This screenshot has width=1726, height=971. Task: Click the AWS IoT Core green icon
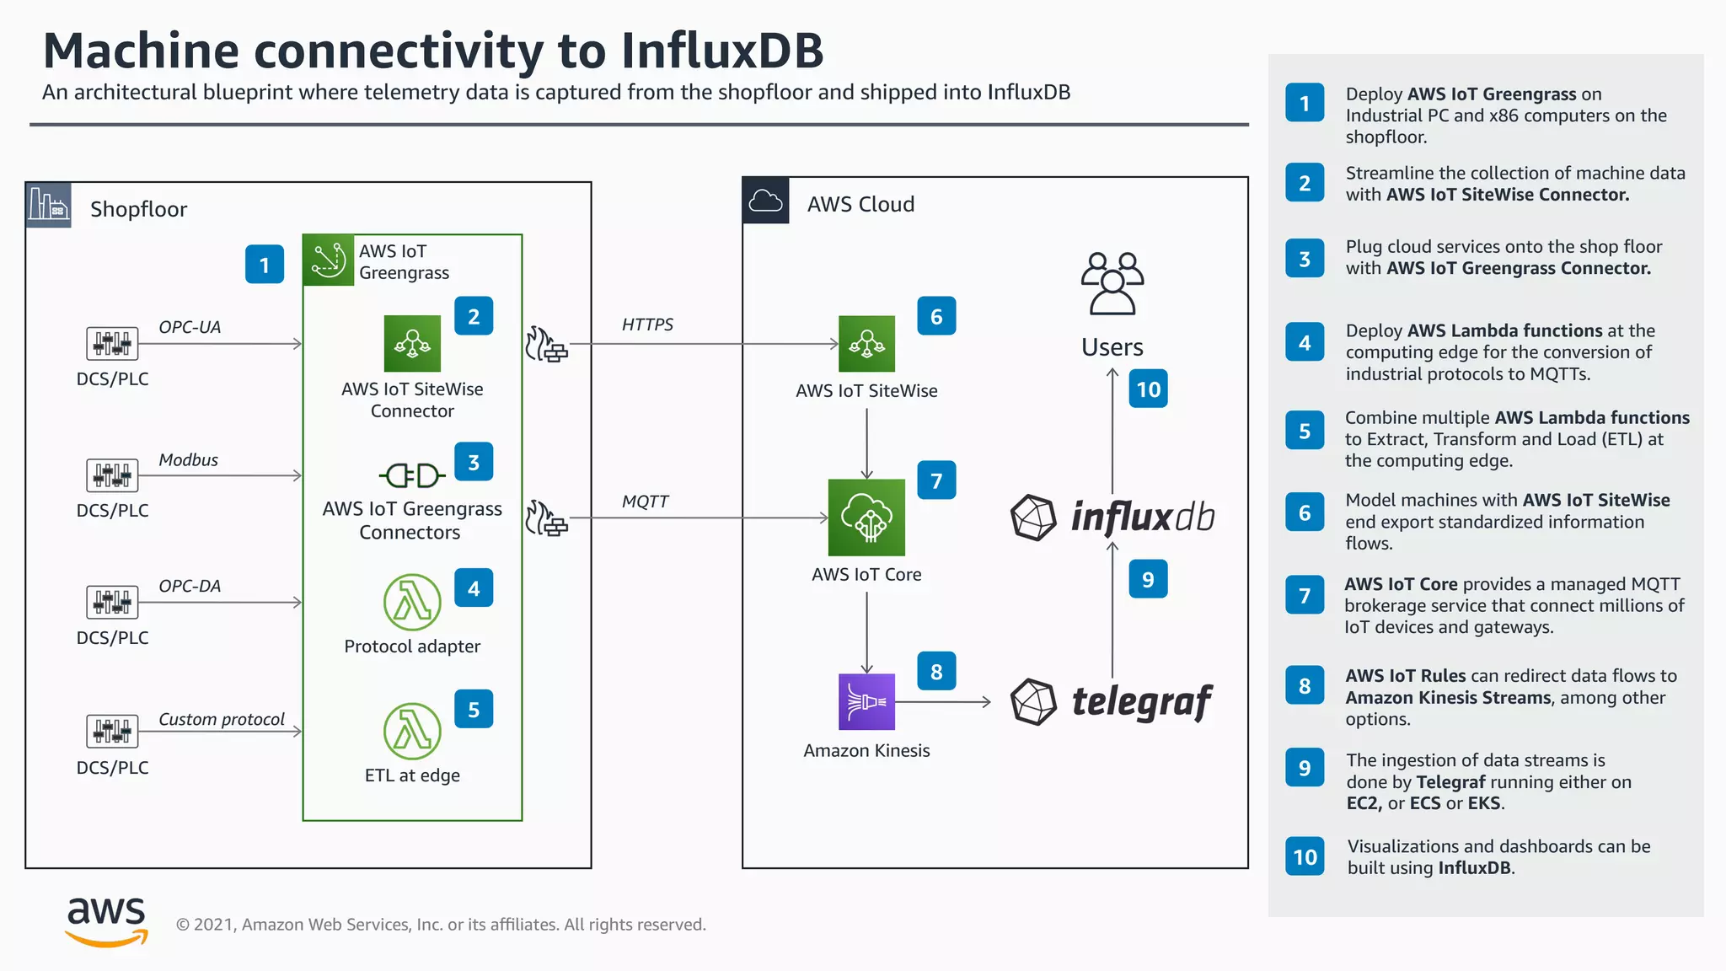coord(866,518)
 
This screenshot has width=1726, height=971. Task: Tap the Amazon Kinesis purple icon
coord(866,701)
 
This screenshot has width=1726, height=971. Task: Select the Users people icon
coord(1112,283)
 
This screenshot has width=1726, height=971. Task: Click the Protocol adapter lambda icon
coord(412,603)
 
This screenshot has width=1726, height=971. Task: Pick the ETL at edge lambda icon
coord(412,731)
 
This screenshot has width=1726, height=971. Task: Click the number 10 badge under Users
coord(1148,389)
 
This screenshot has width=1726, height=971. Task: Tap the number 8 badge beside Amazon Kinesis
coord(936,671)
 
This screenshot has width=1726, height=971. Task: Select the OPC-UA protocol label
coord(190,327)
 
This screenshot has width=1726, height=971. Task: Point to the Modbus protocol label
coord(188,459)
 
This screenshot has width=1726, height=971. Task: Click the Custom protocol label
coord(222,719)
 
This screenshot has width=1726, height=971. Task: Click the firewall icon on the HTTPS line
coord(546,345)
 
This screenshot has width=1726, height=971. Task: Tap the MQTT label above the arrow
coord(645,502)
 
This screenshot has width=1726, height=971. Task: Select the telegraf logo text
coord(1141,701)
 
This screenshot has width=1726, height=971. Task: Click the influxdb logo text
coord(1141,517)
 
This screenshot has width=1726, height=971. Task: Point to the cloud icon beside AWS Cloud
coord(765,201)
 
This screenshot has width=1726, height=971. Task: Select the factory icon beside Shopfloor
coord(48,205)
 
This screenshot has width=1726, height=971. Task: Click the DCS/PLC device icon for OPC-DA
coord(112,602)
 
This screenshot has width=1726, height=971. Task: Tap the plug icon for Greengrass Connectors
coord(411,475)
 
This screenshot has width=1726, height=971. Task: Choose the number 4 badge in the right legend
coord(1304,343)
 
